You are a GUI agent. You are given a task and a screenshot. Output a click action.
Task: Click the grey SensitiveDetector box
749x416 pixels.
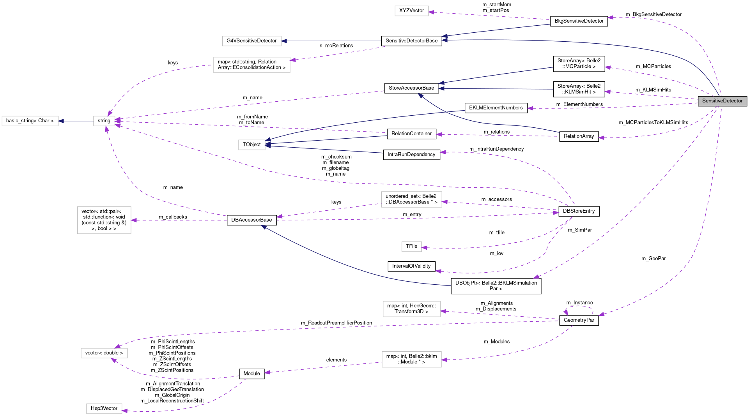tap(722, 101)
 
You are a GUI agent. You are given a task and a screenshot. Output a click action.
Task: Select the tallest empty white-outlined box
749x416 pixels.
tap(104, 220)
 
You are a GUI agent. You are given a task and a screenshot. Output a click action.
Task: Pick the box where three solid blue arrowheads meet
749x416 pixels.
tap(251, 145)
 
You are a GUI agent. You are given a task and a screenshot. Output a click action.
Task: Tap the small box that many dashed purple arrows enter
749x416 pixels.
tap(104, 121)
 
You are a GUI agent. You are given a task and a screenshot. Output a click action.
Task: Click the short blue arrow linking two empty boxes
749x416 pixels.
tap(76, 121)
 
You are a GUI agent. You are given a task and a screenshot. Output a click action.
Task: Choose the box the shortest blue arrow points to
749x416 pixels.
tap(30, 121)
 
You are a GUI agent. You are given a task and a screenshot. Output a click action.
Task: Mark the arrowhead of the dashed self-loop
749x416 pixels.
tap(566, 312)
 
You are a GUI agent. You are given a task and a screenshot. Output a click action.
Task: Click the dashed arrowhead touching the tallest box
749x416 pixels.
tap(134, 220)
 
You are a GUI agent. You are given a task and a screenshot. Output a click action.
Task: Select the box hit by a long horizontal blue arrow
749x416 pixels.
tap(251, 41)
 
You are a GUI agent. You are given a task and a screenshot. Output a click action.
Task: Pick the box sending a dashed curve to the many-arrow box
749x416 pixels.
tap(251, 65)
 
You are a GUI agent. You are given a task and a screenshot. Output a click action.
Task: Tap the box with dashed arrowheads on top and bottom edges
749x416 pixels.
tap(104, 353)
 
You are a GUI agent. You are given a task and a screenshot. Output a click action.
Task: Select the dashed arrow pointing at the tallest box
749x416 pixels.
tap(179, 220)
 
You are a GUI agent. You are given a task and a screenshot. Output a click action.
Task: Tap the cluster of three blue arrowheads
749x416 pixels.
tap(268, 143)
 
